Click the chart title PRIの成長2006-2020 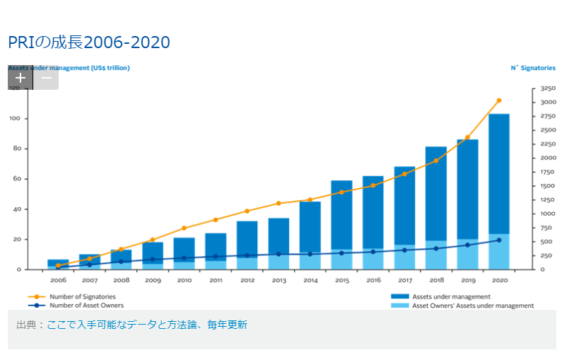89,42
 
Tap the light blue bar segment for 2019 467,255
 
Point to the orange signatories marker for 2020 498,100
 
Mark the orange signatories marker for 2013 279,203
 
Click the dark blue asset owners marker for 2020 498,240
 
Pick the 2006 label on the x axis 58,280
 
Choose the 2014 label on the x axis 310,280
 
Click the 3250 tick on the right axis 548,88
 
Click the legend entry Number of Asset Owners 86,306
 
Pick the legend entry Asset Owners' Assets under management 472,306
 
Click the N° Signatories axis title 533,68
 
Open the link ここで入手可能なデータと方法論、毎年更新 147,325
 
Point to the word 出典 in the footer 25,325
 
